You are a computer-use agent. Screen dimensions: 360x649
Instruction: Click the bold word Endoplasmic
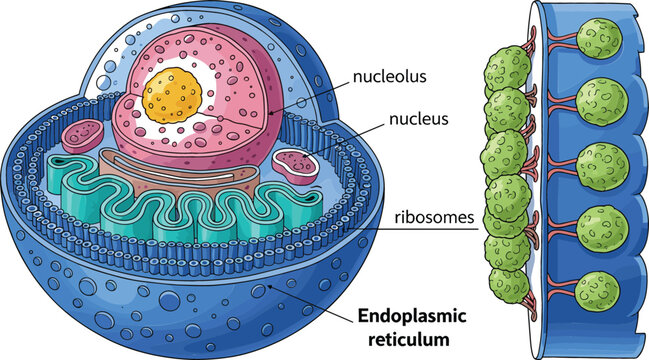coord(413,317)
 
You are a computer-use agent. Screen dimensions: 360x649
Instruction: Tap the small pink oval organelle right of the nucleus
coord(295,162)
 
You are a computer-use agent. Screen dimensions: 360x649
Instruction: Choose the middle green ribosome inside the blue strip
coord(603,164)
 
